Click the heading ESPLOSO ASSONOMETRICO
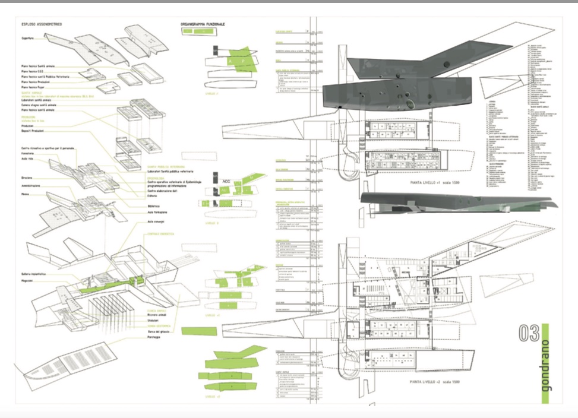(x=42, y=24)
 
